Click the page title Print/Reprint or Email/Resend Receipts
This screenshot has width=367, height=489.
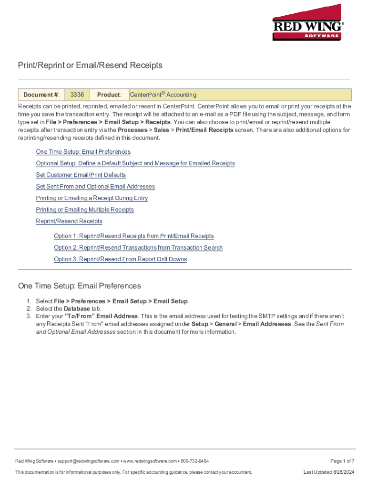click(90, 65)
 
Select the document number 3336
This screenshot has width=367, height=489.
click(77, 95)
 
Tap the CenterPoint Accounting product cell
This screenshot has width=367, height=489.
click(163, 95)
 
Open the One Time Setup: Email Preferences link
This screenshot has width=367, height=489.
click(83, 152)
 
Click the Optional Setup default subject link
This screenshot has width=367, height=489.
click(135, 163)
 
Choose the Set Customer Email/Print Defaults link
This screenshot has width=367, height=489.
click(81, 175)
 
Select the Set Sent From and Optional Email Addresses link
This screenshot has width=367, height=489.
click(95, 187)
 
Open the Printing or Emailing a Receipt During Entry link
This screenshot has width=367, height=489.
click(92, 198)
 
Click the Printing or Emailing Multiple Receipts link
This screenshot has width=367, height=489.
click(85, 210)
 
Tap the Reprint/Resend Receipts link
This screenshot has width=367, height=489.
click(69, 221)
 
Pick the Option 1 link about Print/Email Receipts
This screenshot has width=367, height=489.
click(134, 236)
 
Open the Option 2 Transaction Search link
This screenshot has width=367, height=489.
click(138, 247)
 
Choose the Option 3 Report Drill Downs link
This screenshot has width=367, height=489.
click(120, 259)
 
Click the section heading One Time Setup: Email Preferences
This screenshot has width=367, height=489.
click(80, 286)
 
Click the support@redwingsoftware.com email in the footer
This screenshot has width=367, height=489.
click(90, 461)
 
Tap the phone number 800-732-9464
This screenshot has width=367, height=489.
click(194, 461)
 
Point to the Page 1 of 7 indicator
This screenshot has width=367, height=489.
click(342, 461)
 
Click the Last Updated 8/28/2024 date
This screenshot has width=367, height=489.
click(329, 472)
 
